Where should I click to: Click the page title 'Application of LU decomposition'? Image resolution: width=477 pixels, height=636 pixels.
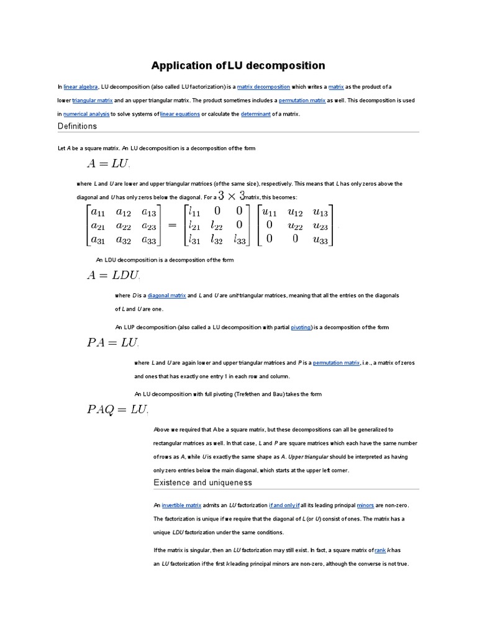238,65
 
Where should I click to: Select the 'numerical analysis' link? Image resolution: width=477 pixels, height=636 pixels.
86,114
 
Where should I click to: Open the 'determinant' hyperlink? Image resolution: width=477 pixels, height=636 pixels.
255,114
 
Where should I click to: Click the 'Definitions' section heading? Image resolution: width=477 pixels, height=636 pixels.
77,126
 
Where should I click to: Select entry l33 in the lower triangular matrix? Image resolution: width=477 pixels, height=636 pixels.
240,239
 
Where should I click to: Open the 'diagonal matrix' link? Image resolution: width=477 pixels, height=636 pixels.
166,296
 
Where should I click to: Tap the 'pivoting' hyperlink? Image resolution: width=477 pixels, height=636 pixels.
301,327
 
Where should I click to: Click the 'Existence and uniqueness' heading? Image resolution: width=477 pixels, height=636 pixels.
202,483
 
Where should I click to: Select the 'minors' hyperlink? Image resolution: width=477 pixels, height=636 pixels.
365,506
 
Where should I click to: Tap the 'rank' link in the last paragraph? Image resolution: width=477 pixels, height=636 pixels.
380,550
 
